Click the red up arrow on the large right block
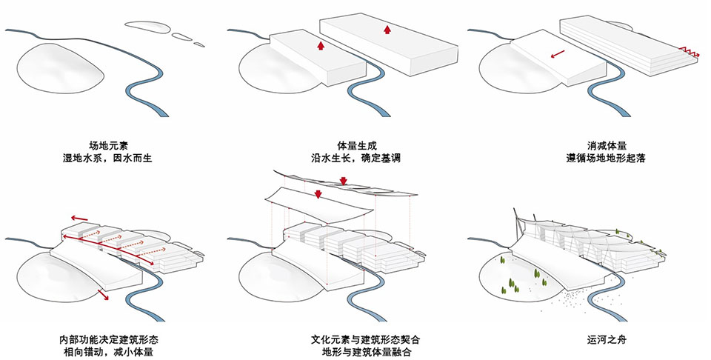pos(387,30)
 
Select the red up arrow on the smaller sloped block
pos(320,45)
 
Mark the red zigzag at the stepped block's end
pos(688,51)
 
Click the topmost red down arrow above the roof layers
pos(343,181)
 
